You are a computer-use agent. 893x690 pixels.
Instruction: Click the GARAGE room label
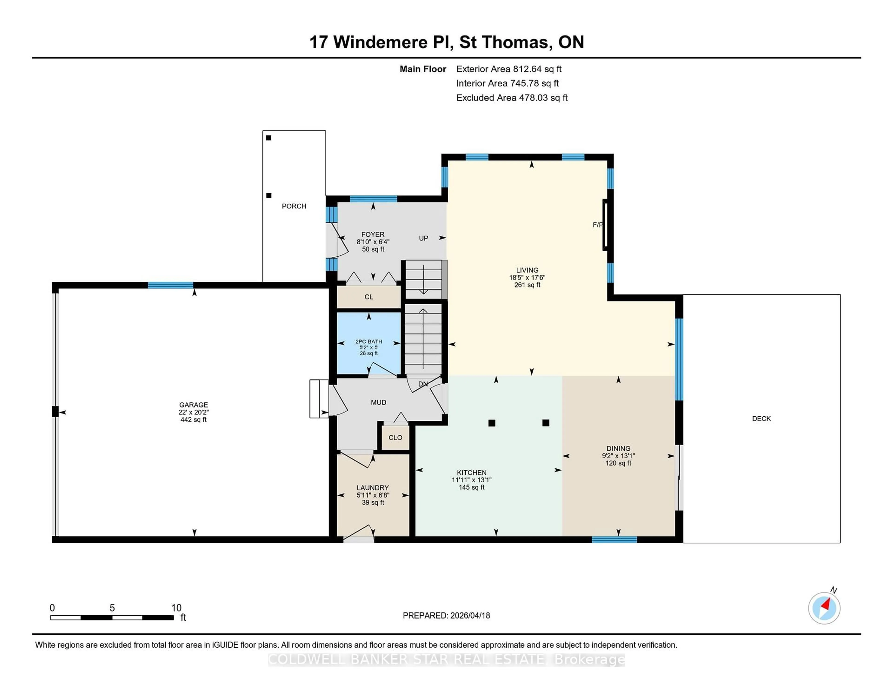pyautogui.click(x=193, y=405)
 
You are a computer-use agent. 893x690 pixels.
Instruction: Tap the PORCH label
pyautogui.click(x=293, y=206)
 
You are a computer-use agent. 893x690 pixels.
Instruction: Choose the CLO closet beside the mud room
pyautogui.click(x=395, y=437)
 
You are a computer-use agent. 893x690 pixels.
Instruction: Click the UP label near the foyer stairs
pyautogui.click(x=423, y=238)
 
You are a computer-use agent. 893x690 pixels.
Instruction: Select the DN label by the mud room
pyautogui.click(x=423, y=384)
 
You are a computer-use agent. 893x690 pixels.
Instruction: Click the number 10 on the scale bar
pyautogui.click(x=176, y=608)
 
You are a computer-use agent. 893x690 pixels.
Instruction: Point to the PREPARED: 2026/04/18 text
pyautogui.click(x=446, y=616)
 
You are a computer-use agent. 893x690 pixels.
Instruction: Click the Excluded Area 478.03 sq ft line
pyautogui.click(x=512, y=98)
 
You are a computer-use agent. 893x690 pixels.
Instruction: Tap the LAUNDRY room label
pyautogui.click(x=373, y=488)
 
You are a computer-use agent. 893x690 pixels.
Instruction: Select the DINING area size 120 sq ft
pyautogui.click(x=618, y=463)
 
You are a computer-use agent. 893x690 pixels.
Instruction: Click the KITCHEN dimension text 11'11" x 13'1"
pyautogui.click(x=471, y=480)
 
